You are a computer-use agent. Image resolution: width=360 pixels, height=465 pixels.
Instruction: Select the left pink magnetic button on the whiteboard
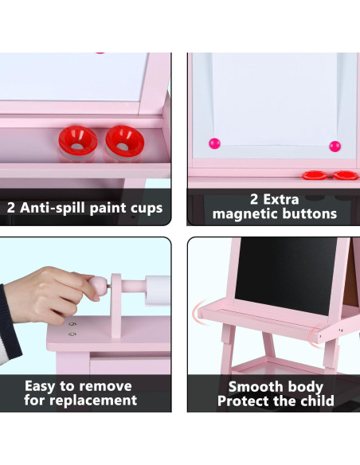[213, 143]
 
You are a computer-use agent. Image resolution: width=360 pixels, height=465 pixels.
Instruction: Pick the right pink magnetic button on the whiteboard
[334, 146]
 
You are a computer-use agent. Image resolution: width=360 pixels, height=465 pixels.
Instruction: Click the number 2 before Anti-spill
[12, 208]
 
